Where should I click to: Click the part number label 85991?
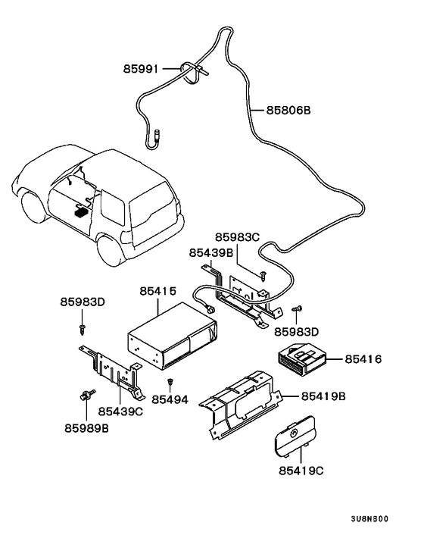[140, 69]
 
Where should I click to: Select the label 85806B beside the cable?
[288, 110]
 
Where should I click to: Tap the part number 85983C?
[237, 236]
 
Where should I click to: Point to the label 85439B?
[211, 253]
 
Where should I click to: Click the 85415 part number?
[158, 291]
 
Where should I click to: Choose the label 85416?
[363, 359]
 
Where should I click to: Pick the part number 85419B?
[323, 396]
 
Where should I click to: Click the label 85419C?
[301, 471]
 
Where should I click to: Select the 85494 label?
[170, 399]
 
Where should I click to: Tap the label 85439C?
[120, 411]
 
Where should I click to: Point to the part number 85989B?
[86, 428]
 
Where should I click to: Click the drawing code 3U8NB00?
[369, 519]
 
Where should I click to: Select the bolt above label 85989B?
[87, 395]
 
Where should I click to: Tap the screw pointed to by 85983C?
[263, 275]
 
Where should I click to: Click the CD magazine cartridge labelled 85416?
[301, 360]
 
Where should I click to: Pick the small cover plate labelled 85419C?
[294, 436]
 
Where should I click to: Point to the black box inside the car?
[82, 211]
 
